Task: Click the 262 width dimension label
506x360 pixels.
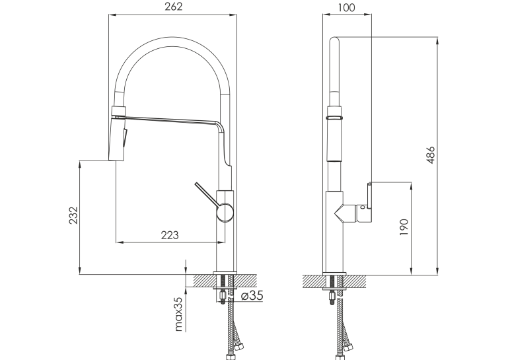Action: pos(173,7)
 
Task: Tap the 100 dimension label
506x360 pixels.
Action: pos(347,7)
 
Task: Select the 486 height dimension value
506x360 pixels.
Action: pos(431,155)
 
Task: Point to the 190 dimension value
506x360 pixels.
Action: pos(404,227)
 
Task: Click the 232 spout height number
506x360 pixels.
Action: pos(73,215)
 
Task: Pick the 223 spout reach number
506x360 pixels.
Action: pos(170,235)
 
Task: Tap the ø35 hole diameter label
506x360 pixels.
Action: pos(252,295)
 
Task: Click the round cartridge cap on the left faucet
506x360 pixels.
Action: pos(225,212)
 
